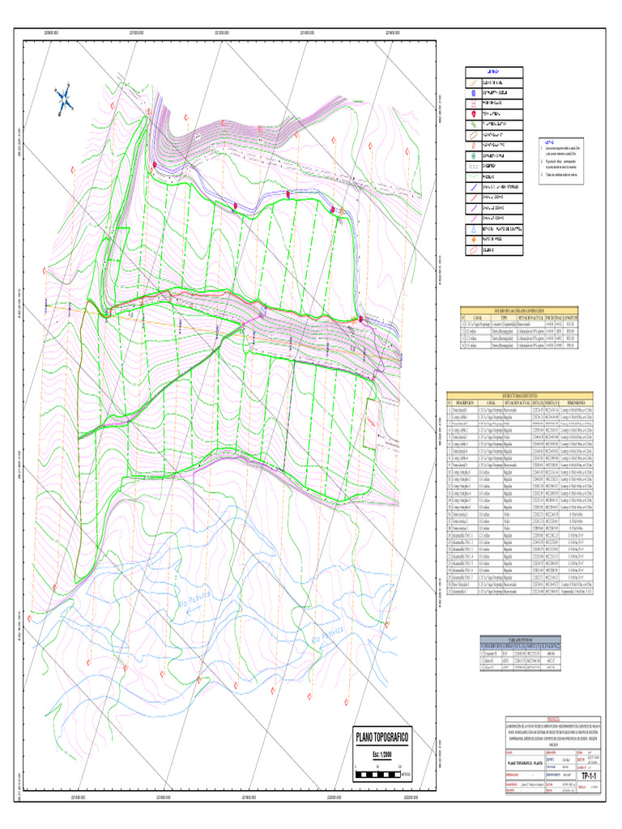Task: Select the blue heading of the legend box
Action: [493, 71]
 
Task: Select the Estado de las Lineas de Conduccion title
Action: [527, 309]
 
